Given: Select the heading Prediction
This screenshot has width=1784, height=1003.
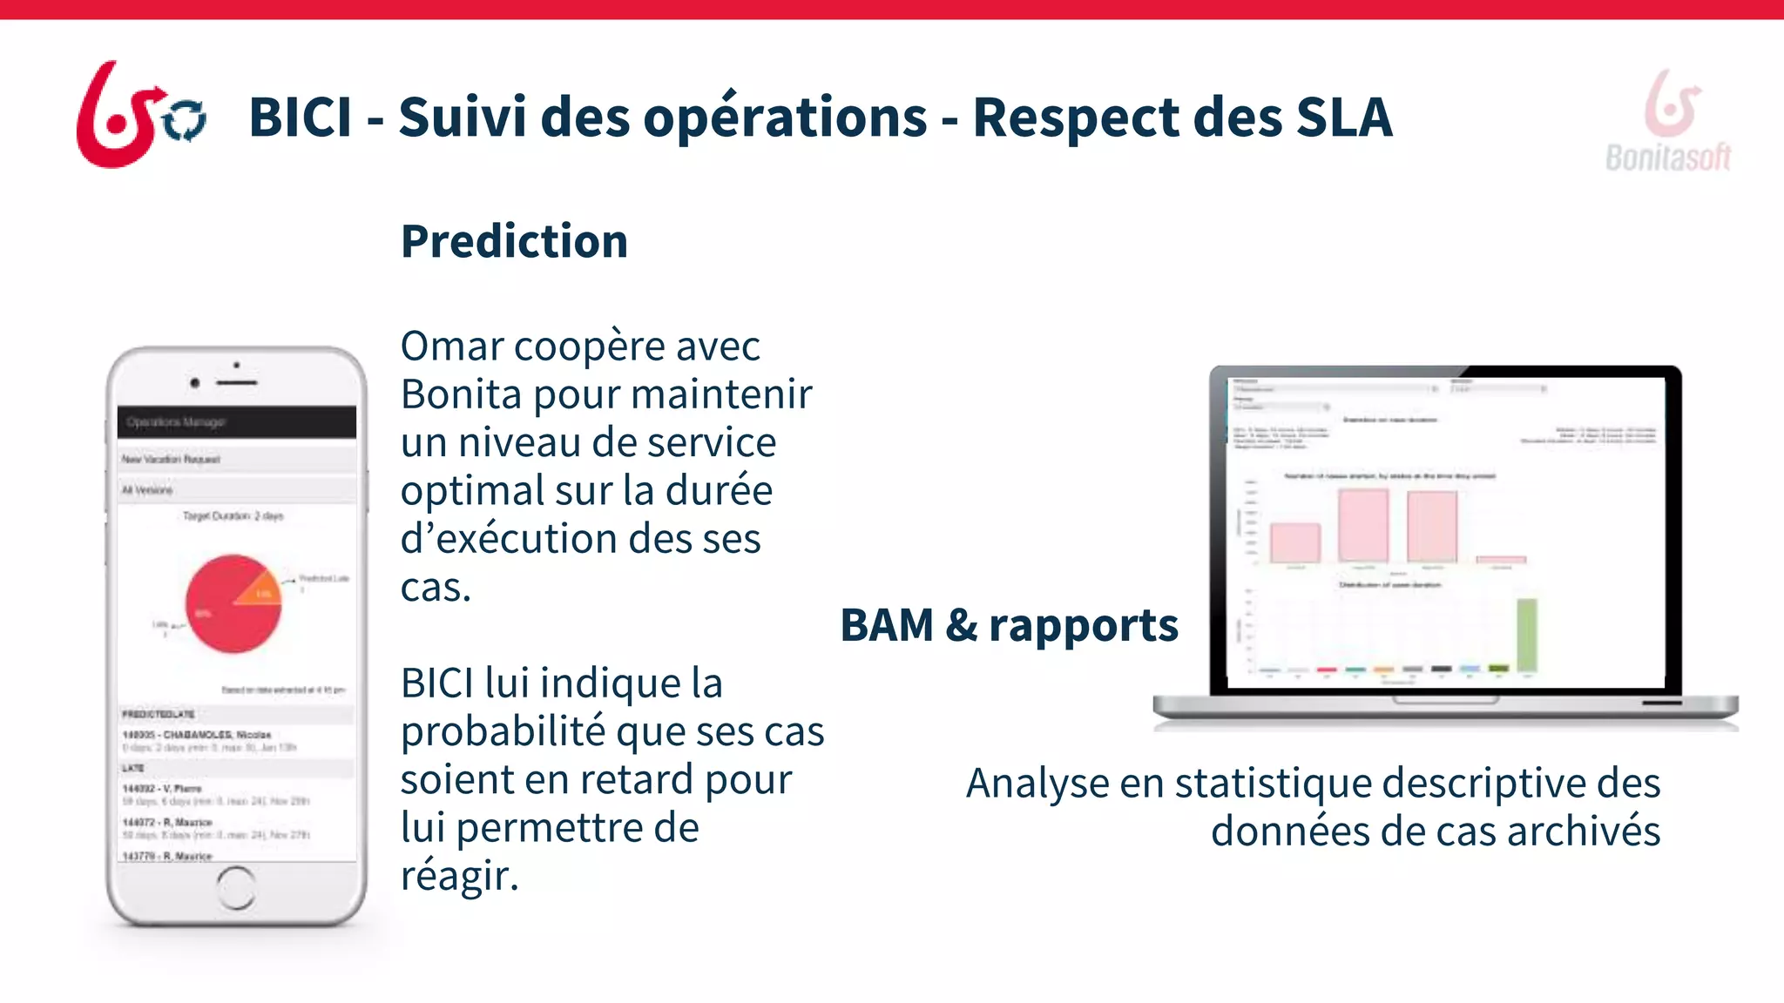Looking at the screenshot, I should [x=514, y=241].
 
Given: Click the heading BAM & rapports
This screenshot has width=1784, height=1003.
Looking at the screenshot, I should [x=1009, y=625].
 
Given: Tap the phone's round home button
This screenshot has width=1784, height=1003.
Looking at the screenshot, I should [x=236, y=887].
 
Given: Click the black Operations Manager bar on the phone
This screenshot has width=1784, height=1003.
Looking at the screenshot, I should [x=236, y=422].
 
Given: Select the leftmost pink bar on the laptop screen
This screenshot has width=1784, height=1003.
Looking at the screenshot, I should [x=1295, y=543].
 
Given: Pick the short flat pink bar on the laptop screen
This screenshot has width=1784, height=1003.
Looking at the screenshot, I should [x=1501, y=559].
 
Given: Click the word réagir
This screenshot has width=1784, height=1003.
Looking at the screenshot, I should [x=458, y=876].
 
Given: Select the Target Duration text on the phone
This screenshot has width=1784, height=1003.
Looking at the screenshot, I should [x=233, y=516].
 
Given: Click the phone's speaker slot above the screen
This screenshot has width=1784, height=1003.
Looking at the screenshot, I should [x=237, y=382].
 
